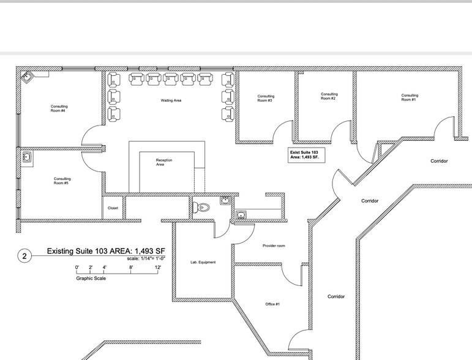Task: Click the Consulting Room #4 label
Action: (59, 108)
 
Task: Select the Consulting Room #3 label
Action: (266, 98)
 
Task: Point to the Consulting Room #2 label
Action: (329, 96)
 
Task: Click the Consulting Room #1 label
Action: (410, 97)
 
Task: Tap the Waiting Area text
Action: (171, 100)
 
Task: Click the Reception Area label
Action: (164, 162)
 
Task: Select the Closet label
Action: (113, 208)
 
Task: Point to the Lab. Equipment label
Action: (203, 262)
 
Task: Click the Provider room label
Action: (274, 246)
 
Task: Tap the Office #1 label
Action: (272, 304)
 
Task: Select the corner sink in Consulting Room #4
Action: (28, 77)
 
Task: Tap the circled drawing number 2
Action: (24, 256)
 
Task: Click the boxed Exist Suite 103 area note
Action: (306, 154)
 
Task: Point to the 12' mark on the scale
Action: (157, 268)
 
